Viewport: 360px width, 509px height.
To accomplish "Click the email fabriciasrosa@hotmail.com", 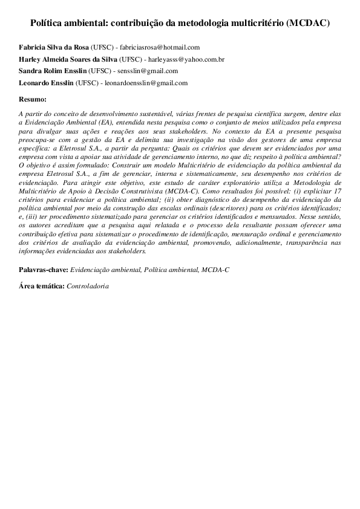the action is click(160, 47).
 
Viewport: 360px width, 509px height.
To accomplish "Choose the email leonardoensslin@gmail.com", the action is click(152, 83).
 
